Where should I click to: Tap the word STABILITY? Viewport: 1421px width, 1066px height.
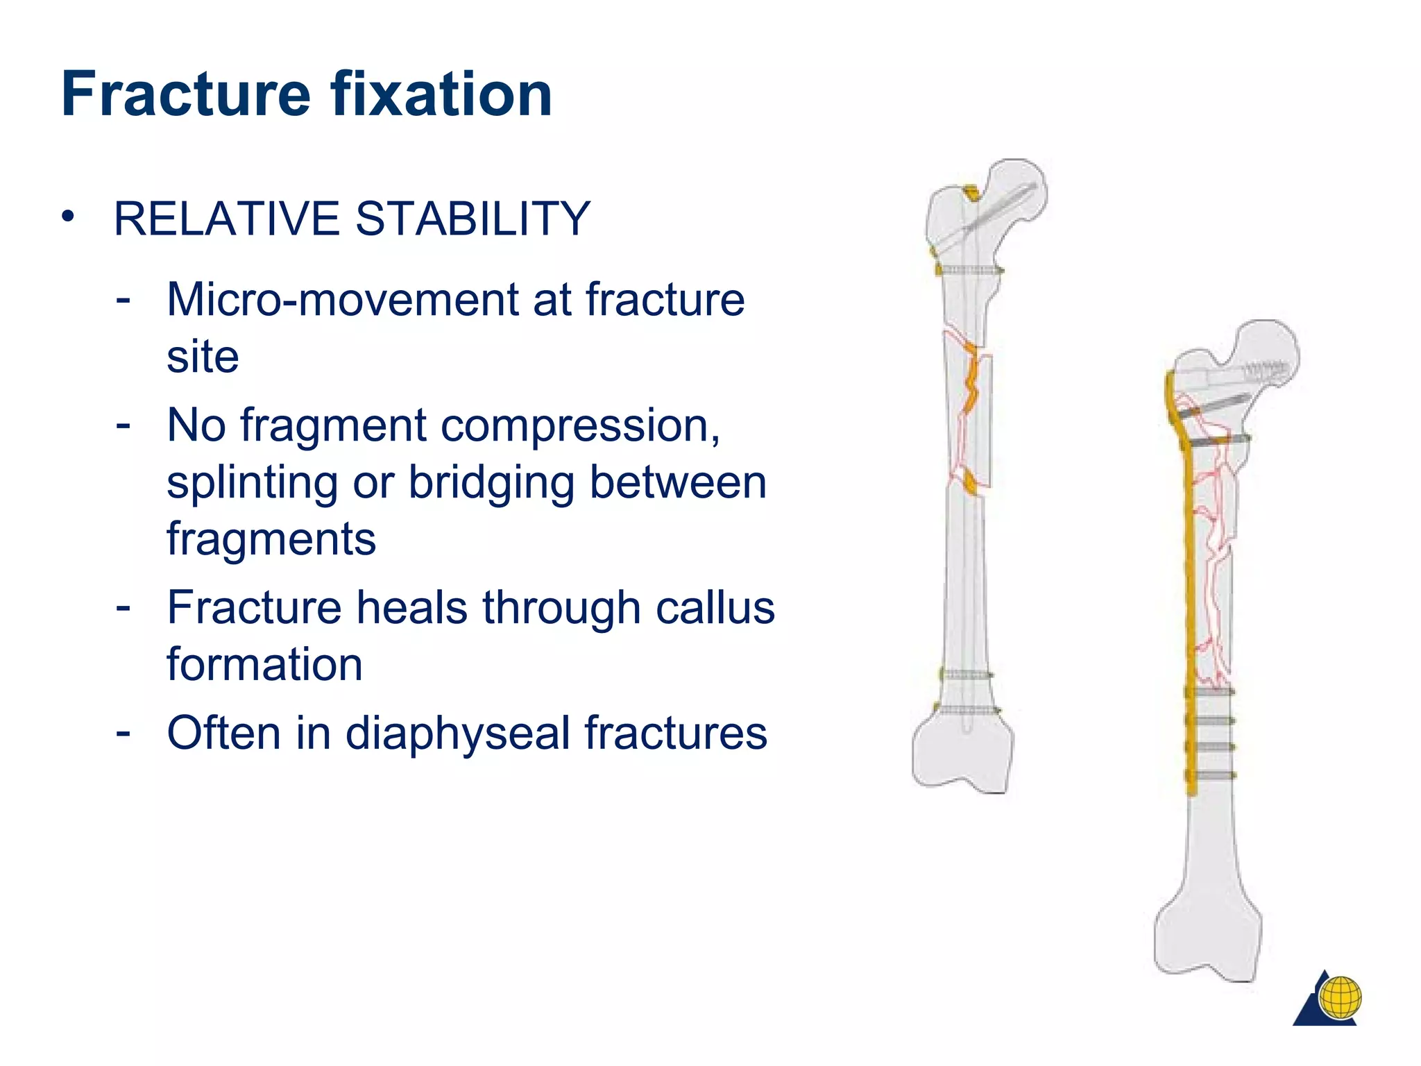(473, 219)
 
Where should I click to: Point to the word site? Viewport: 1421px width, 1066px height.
(203, 357)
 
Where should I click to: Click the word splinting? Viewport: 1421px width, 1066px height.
(252, 483)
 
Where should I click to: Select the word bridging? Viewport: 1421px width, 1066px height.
(491, 483)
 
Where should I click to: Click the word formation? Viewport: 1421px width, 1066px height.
(264, 665)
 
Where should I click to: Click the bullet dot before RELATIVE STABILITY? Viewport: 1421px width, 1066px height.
(67, 217)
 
